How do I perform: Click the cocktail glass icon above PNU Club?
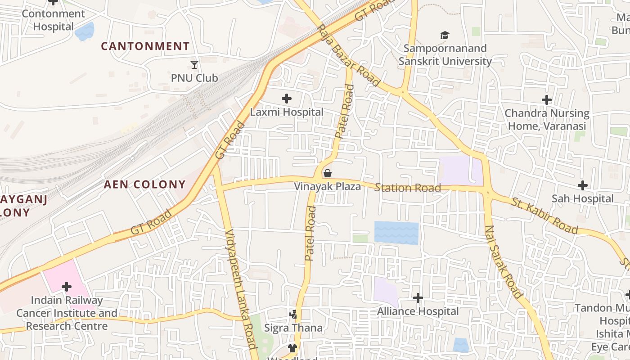[x=194, y=65]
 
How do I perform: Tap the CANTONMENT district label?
[x=145, y=46]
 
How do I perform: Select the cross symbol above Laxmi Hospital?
[x=286, y=99]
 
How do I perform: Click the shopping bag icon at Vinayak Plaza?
[x=328, y=173]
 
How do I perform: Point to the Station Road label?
[x=408, y=188]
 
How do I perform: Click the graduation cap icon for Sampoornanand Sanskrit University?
[x=445, y=35]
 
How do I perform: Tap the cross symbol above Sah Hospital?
[x=583, y=185]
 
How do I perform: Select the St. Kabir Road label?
[x=544, y=215]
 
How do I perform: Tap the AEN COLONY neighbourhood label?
[x=144, y=184]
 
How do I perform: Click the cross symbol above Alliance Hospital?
[x=418, y=297]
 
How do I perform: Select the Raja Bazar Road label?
[x=349, y=55]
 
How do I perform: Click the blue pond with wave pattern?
[x=396, y=233]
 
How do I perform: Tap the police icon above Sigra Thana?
[x=294, y=314]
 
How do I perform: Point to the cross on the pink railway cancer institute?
[x=67, y=286]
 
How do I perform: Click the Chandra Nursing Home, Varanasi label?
[x=547, y=119]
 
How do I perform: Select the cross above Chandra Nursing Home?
[x=547, y=99]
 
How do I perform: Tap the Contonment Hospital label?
[x=53, y=20]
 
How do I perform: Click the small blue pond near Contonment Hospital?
[x=85, y=31]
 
